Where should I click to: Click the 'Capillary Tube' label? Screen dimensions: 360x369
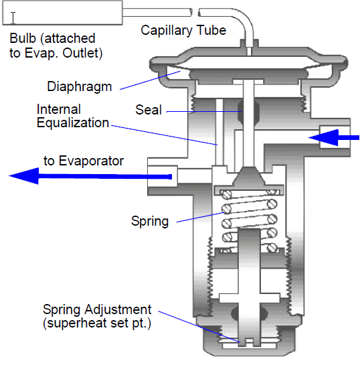click(183, 31)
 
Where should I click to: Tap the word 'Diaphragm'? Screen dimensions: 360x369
click(80, 87)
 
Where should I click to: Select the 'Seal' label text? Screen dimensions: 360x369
click(149, 110)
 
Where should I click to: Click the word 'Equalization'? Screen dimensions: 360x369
click(73, 123)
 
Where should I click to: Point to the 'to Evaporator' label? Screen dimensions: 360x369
click(84, 161)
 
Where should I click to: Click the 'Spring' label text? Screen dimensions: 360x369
click(150, 222)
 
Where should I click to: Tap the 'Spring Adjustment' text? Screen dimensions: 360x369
click(97, 309)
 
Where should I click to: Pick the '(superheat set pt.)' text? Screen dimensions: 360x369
click(97, 323)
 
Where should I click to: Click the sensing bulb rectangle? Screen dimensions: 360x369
click(62, 13)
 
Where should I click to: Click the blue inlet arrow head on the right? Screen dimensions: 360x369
click(323, 138)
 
